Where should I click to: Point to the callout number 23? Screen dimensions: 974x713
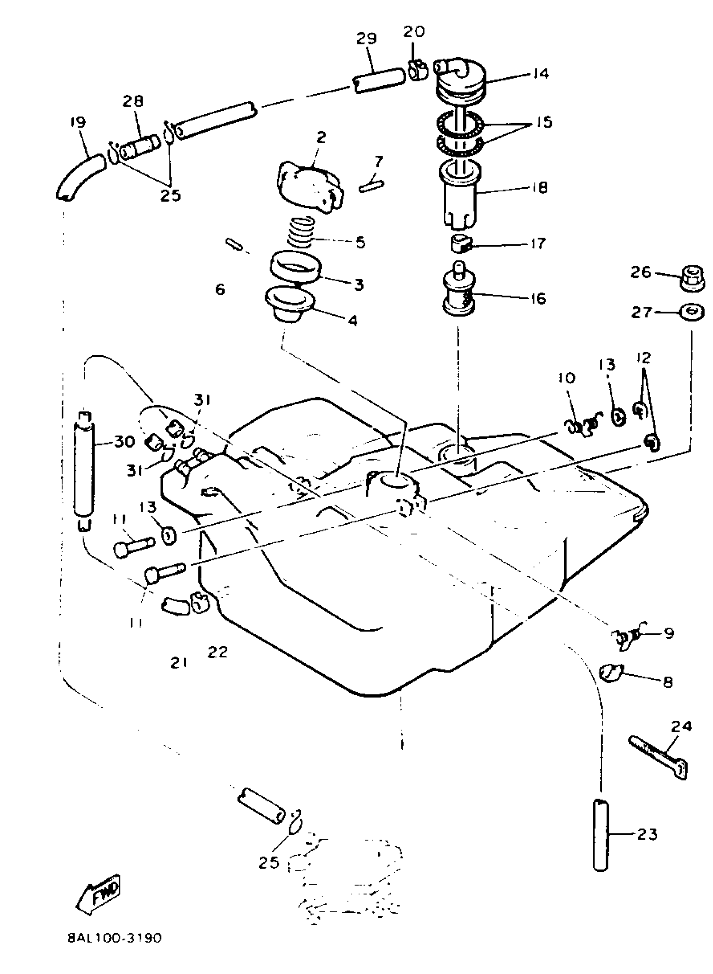tap(647, 835)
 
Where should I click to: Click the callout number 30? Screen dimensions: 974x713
tap(124, 441)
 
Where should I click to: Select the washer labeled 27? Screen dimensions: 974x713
tap(692, 312)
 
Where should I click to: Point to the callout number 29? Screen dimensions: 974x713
tap(367, 39)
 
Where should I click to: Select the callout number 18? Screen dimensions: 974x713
tap(539, 188)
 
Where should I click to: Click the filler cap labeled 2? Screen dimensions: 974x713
tap(310, 186)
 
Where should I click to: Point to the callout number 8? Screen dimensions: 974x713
tap(667, 682)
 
